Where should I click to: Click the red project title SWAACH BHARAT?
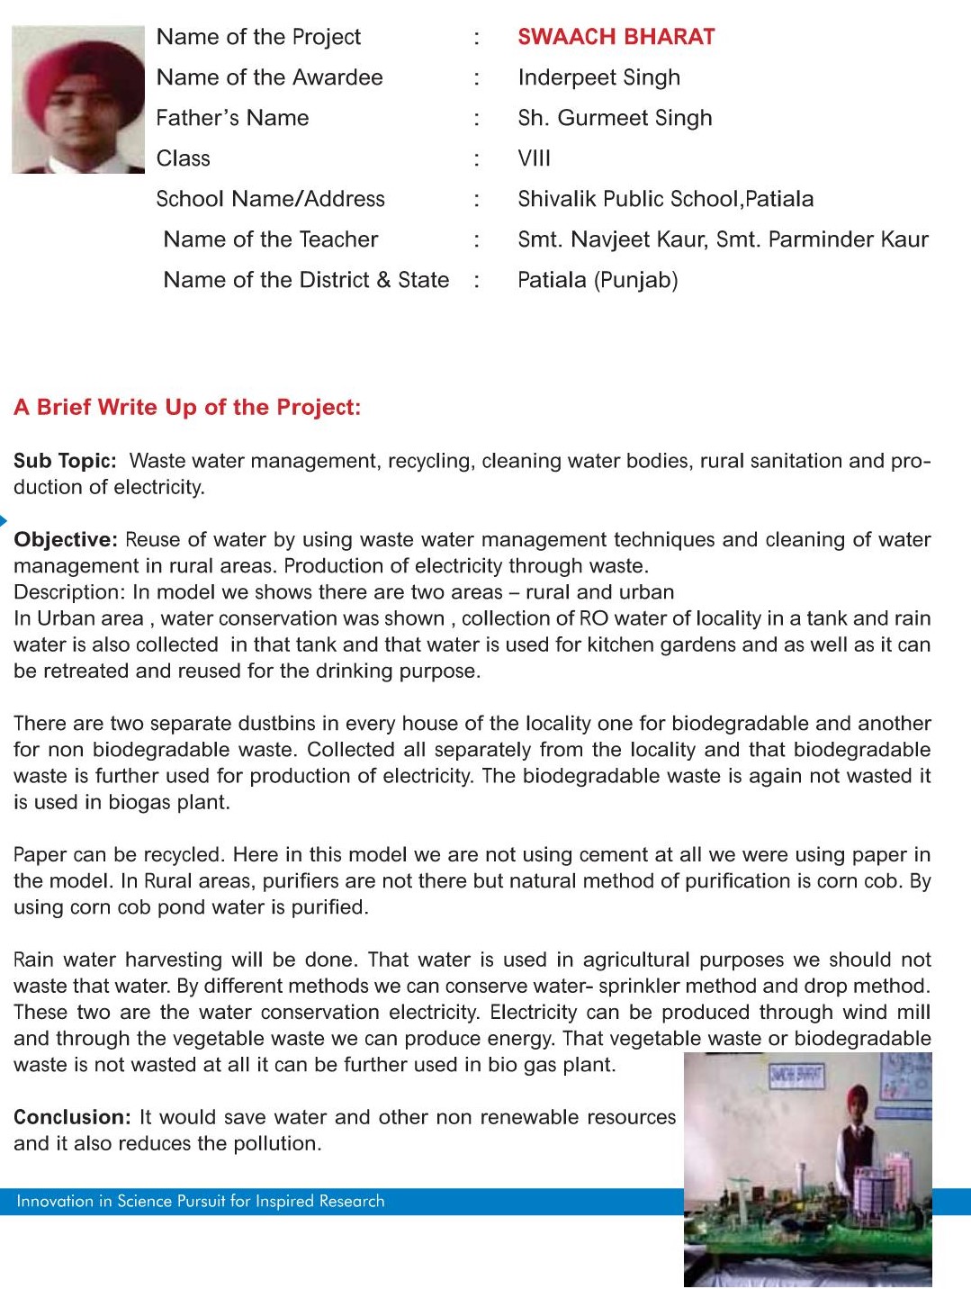pos(616,37)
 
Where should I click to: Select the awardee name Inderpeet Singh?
pos(598,77)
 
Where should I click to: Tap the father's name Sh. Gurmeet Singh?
pos(615,118)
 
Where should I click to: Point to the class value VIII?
pos(534,158)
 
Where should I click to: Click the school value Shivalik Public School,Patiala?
pos(665,199)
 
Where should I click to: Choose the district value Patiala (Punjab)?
pos(598,280)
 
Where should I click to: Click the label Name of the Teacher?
pos(271,239)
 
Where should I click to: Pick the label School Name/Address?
pos(270,199)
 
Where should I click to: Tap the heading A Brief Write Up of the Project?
pos(187,407)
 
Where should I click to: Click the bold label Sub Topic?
pos(65,461)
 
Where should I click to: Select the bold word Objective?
pos(66,539)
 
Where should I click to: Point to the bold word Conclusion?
pos(73,1117)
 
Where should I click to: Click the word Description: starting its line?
pos(69,592)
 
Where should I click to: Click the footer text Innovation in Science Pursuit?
pos(200,1201)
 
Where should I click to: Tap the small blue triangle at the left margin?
pos(4,520)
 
